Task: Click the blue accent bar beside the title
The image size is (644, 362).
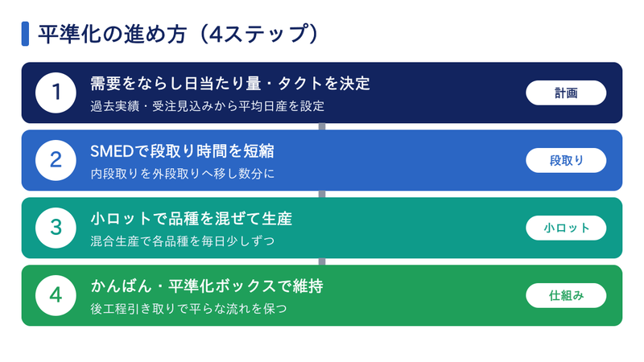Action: click(x=25, y=34)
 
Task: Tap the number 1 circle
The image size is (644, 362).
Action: click(x=56, y=93)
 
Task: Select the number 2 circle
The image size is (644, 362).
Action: click(x=56, y=160)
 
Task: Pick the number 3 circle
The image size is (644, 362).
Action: click(x=56, y=228)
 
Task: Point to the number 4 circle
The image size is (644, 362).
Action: click(x=56, y=295)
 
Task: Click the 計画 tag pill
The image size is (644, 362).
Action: click(x=566, y=93)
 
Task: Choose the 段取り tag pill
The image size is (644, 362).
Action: click(x=566, y=160)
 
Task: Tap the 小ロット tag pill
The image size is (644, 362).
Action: click(x=566, y=228)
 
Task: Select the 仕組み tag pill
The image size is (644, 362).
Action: click(x=566, y=295)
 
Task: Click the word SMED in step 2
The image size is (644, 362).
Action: click(x=112, y=151)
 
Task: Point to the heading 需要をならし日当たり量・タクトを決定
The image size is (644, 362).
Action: click(x=230, y=84)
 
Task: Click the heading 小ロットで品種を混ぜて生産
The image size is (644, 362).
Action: click(x=192, y=219)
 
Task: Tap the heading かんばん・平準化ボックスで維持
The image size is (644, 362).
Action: click(x=207, y=286)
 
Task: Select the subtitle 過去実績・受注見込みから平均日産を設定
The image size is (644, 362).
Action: click(x=208, y=106)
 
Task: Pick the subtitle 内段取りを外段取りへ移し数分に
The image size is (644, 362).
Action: click(x=183, y=174)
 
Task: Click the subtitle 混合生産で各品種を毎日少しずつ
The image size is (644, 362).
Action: click(x=183, y=241)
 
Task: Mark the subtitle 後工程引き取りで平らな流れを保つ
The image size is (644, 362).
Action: click(x=188, y=309)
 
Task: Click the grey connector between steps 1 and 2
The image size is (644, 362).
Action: click(x=322, y=126)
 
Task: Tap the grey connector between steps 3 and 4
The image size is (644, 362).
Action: click(x=322, y=261)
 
